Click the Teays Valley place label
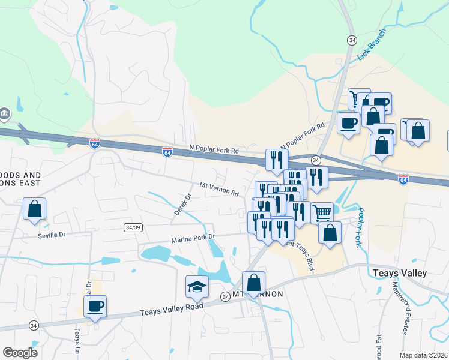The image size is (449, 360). [399, 273]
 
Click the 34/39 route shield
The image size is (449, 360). [134, 227]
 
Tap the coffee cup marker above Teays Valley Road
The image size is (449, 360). [95, 306]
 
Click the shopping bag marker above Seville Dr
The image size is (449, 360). [35, 209]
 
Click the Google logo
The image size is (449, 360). [20, 353]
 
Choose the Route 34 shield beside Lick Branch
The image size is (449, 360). [351, 40]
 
